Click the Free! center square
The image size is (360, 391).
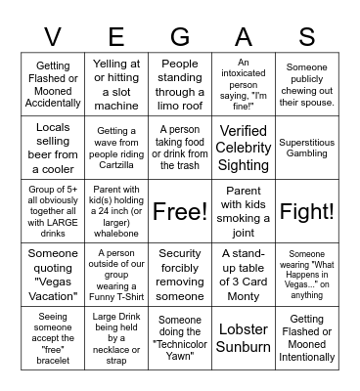pyautogui.click(x=180, y=211)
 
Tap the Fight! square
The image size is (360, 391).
pyautogui.click(x=307, y=211)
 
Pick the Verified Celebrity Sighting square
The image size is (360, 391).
pyautogui.click(x=244, y=148)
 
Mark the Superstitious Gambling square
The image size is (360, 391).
pyautogui.click(x=307, y=148)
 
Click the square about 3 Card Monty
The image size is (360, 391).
pyautogui.click(x=244, y=275)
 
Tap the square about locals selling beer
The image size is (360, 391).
pyautogui.click(x=53, y=148)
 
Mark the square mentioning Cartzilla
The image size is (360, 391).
pyautogui.click(x=116, y=148)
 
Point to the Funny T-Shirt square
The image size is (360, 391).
pyautogui.click(x=116, y=275)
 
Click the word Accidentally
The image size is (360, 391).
pyautogui.click(x=53, y=103)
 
